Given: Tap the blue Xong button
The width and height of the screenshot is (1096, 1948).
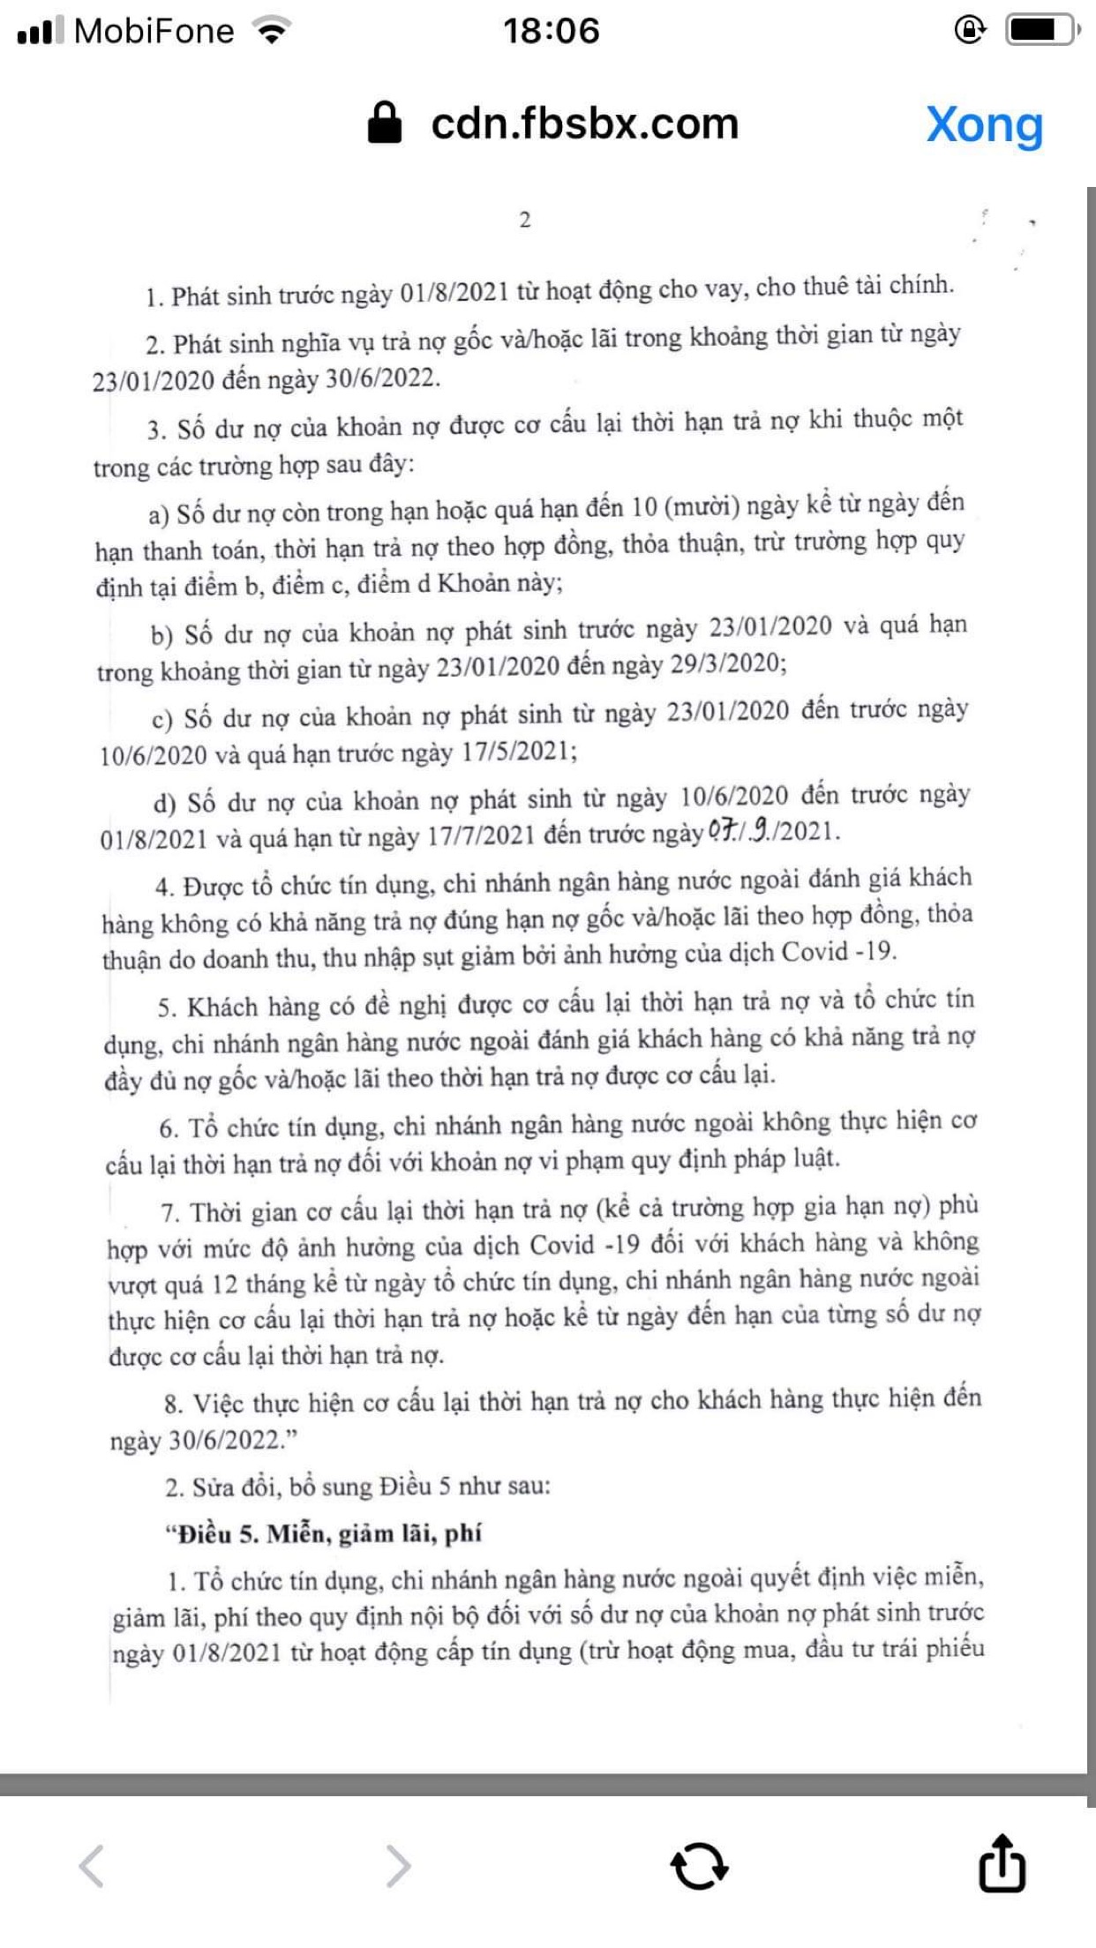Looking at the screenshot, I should (984, 125).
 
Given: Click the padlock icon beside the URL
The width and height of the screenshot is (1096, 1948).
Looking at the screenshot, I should (385, 123).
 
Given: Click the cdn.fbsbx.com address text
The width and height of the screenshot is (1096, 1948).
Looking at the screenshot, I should (584, 124).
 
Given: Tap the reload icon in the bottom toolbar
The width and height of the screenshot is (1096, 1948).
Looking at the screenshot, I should (699, 1865).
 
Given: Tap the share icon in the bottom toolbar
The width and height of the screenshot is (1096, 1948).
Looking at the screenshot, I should (1002, 1863).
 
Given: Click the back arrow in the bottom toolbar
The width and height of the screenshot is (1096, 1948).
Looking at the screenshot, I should (92, 1865).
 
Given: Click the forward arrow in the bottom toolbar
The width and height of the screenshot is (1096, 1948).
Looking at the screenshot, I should (399, 1865).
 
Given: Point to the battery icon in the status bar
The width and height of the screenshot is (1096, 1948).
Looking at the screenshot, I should (1041, 31).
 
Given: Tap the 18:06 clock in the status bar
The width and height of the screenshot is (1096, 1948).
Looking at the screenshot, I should (551, 31).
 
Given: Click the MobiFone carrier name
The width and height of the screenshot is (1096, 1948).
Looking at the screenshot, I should (154, 32).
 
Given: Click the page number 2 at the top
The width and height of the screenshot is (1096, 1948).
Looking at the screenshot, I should (525, 220).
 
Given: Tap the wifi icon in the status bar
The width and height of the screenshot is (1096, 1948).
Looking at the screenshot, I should (272, 32).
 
